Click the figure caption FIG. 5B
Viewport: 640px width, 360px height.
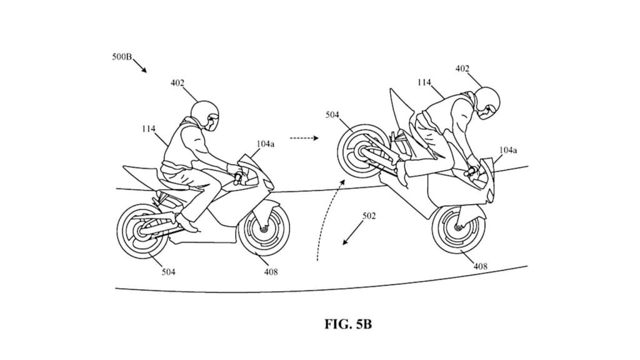(348, 324)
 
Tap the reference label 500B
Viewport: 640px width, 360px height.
(122, 57)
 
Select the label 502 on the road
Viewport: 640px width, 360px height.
(369, 216)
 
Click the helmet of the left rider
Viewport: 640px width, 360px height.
(205, 116)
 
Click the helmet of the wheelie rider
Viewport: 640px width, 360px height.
(485, 102)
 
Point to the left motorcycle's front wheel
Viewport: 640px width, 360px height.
(264, 231)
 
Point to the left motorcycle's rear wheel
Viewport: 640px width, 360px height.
(142, 231)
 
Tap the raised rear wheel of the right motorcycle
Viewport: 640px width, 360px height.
(361, 151)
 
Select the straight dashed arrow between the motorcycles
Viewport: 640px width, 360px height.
(304, 138)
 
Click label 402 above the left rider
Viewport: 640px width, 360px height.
(177, 83)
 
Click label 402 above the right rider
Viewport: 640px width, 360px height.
(462, 69)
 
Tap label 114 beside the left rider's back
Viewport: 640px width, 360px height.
(149, 129)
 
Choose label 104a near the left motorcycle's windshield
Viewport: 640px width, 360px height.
(265, 144)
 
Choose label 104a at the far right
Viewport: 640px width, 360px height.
(508, 150)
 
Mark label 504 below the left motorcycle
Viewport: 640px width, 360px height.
(168, 272)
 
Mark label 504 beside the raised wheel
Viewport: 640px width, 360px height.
(332, 115)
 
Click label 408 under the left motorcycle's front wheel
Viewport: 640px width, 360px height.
(271, 272)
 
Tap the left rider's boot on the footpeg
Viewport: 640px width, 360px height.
(186, 223)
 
